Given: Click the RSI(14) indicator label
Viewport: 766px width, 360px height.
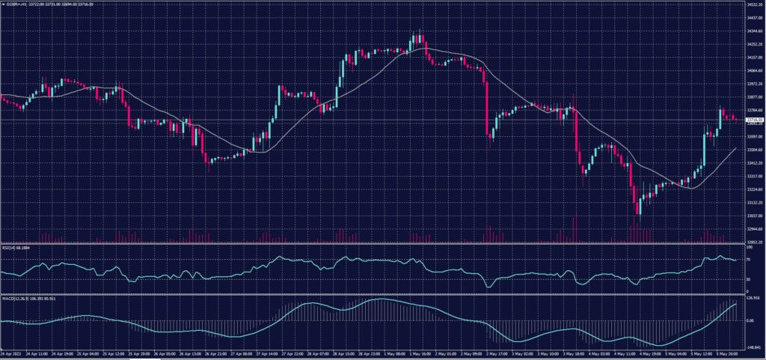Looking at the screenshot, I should click(16, 248).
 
